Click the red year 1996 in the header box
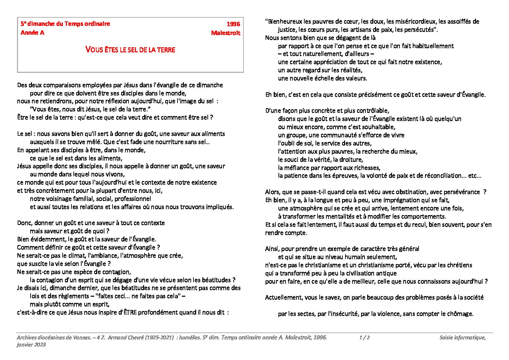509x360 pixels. pos(233,24)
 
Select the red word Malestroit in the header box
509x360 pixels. pos(225,33)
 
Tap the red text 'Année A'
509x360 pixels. pos(32,33)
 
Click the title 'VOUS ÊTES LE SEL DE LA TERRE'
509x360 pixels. pos(130,50)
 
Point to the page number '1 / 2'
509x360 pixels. pos(364,338)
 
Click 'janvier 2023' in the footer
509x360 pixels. pos(31,345)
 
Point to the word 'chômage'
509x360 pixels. pos(461,314)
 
